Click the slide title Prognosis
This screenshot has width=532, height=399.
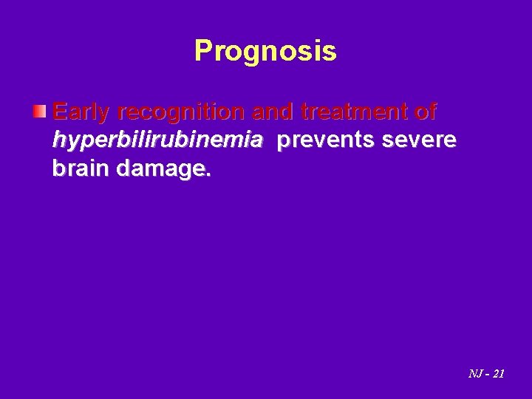click(x=265, y=51)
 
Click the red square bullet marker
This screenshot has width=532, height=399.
click(x=41, y=112)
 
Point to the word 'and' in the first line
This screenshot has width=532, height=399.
click(x=272, y=113)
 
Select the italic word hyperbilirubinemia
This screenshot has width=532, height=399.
click(x=157, y=141)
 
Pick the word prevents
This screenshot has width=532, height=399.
click(x=322, y=141)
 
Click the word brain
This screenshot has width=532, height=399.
click(x=81, y=169)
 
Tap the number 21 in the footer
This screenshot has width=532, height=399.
click(x=498, y=374)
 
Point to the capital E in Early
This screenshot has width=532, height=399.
click(x=60, y=113)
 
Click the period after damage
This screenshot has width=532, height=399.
click(x=210, y=175)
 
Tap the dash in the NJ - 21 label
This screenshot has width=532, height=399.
click(x=486, y=375)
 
